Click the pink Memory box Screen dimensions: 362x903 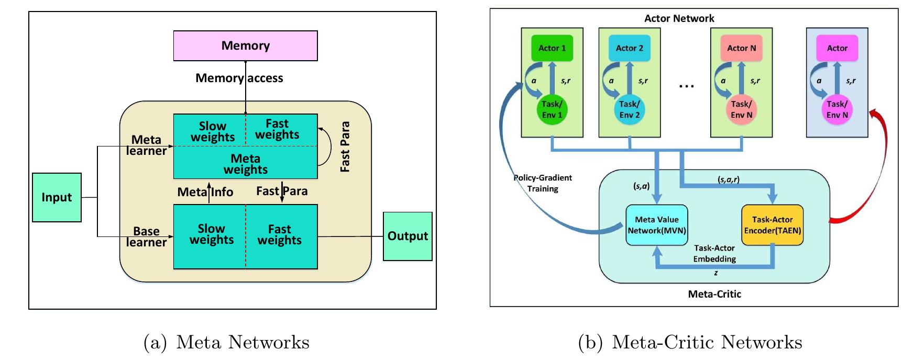point(245,46)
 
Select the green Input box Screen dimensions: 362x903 point(57,197)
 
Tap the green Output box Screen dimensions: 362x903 point(408,236)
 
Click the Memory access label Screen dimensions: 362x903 point(239,78)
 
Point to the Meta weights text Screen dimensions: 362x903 point(245,164)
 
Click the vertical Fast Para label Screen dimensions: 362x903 point(345,146)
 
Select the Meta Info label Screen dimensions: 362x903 point(205,192)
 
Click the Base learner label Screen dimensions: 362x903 point(146,236)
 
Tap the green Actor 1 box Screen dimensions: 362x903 point(552,48)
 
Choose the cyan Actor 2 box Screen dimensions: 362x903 point(629,48)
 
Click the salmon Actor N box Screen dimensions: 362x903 point(741,48)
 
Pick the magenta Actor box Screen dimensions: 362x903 point(836,48)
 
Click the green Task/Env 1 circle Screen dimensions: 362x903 point(552,109)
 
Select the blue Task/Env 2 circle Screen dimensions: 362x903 point(629,109)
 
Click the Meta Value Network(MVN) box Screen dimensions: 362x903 point(657,225)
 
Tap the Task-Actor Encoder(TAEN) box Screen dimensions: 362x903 point(772,225)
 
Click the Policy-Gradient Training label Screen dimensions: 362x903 point(543,183)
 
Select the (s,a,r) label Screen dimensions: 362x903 point(728,179)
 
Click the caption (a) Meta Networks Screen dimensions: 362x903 point(226,342)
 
